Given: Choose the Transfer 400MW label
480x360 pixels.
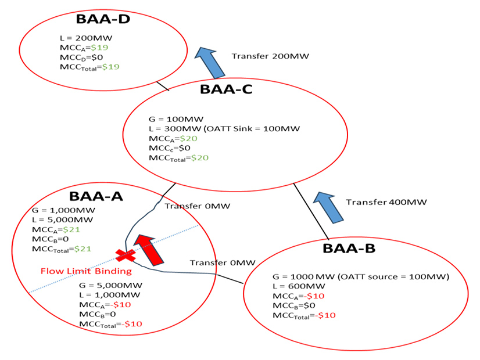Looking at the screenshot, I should tap(386, 202).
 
